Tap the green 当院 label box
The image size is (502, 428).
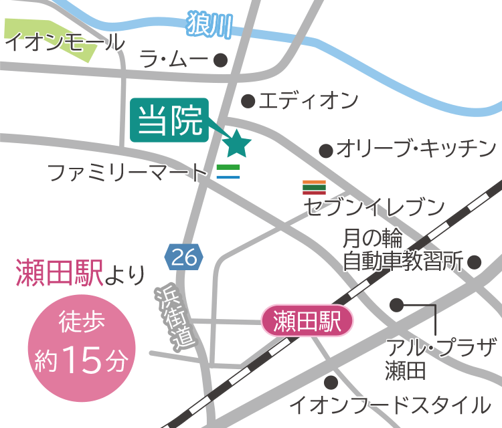170,121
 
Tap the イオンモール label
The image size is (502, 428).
64,43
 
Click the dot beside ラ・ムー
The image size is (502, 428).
221,61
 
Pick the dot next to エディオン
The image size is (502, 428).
248,102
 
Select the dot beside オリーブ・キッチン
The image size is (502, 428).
326,150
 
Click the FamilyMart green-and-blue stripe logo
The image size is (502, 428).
228,171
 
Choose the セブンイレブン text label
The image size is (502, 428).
375,207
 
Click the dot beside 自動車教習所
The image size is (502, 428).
475,261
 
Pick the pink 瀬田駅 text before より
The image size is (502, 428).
58,274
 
